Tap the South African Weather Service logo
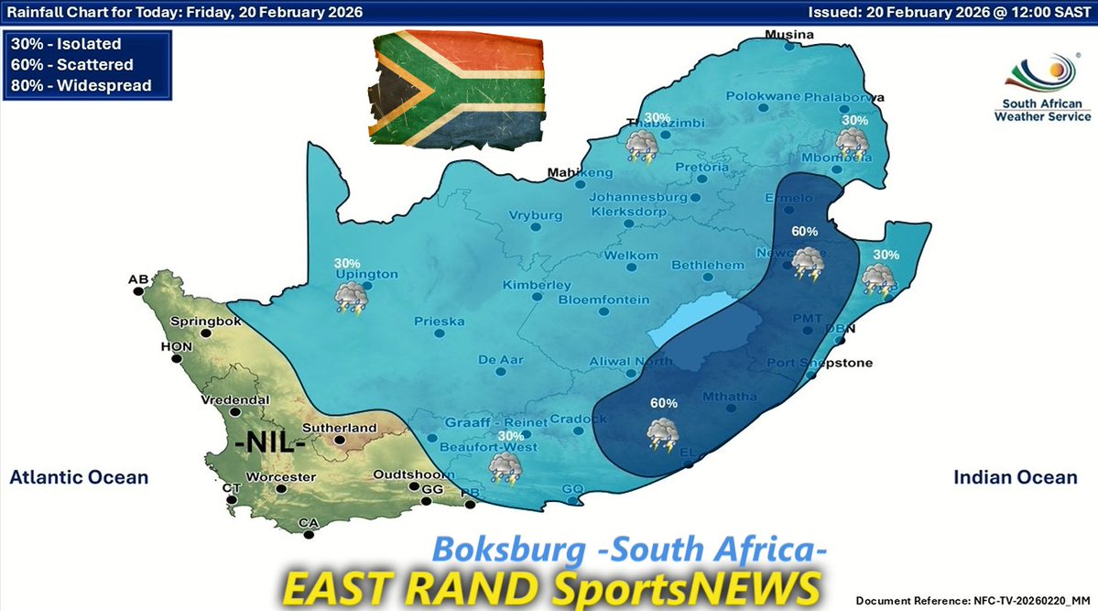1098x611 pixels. coord(1043,89)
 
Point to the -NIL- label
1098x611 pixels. coord(270,444)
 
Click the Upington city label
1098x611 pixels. coord(366,274)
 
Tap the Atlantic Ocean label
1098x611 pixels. coord(79,477)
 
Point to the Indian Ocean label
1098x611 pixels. coord(1016,477)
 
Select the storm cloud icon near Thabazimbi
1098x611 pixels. coord(640,145)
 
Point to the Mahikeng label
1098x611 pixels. coord(579,172)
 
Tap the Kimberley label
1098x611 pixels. coord(537,285)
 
